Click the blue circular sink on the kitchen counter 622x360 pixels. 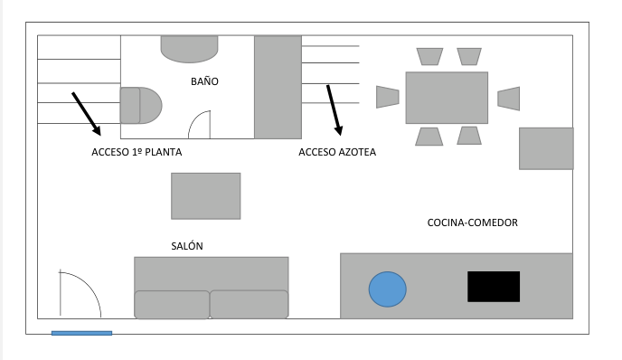388,289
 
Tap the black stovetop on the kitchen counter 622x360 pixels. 494,286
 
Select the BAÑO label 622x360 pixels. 204,81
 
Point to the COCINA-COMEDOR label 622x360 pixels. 472,223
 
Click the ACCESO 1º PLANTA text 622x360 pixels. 137,152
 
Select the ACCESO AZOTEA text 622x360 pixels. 337,152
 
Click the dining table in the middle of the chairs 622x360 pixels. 447,98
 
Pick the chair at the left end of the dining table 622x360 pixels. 387,97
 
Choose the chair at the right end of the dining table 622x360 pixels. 509,98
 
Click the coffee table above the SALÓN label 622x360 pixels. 206,195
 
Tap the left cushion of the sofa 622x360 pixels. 172,304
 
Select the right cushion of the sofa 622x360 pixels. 249,304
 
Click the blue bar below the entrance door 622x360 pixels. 81,333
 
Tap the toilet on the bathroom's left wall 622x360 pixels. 140,105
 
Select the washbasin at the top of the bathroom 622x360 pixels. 190,48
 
